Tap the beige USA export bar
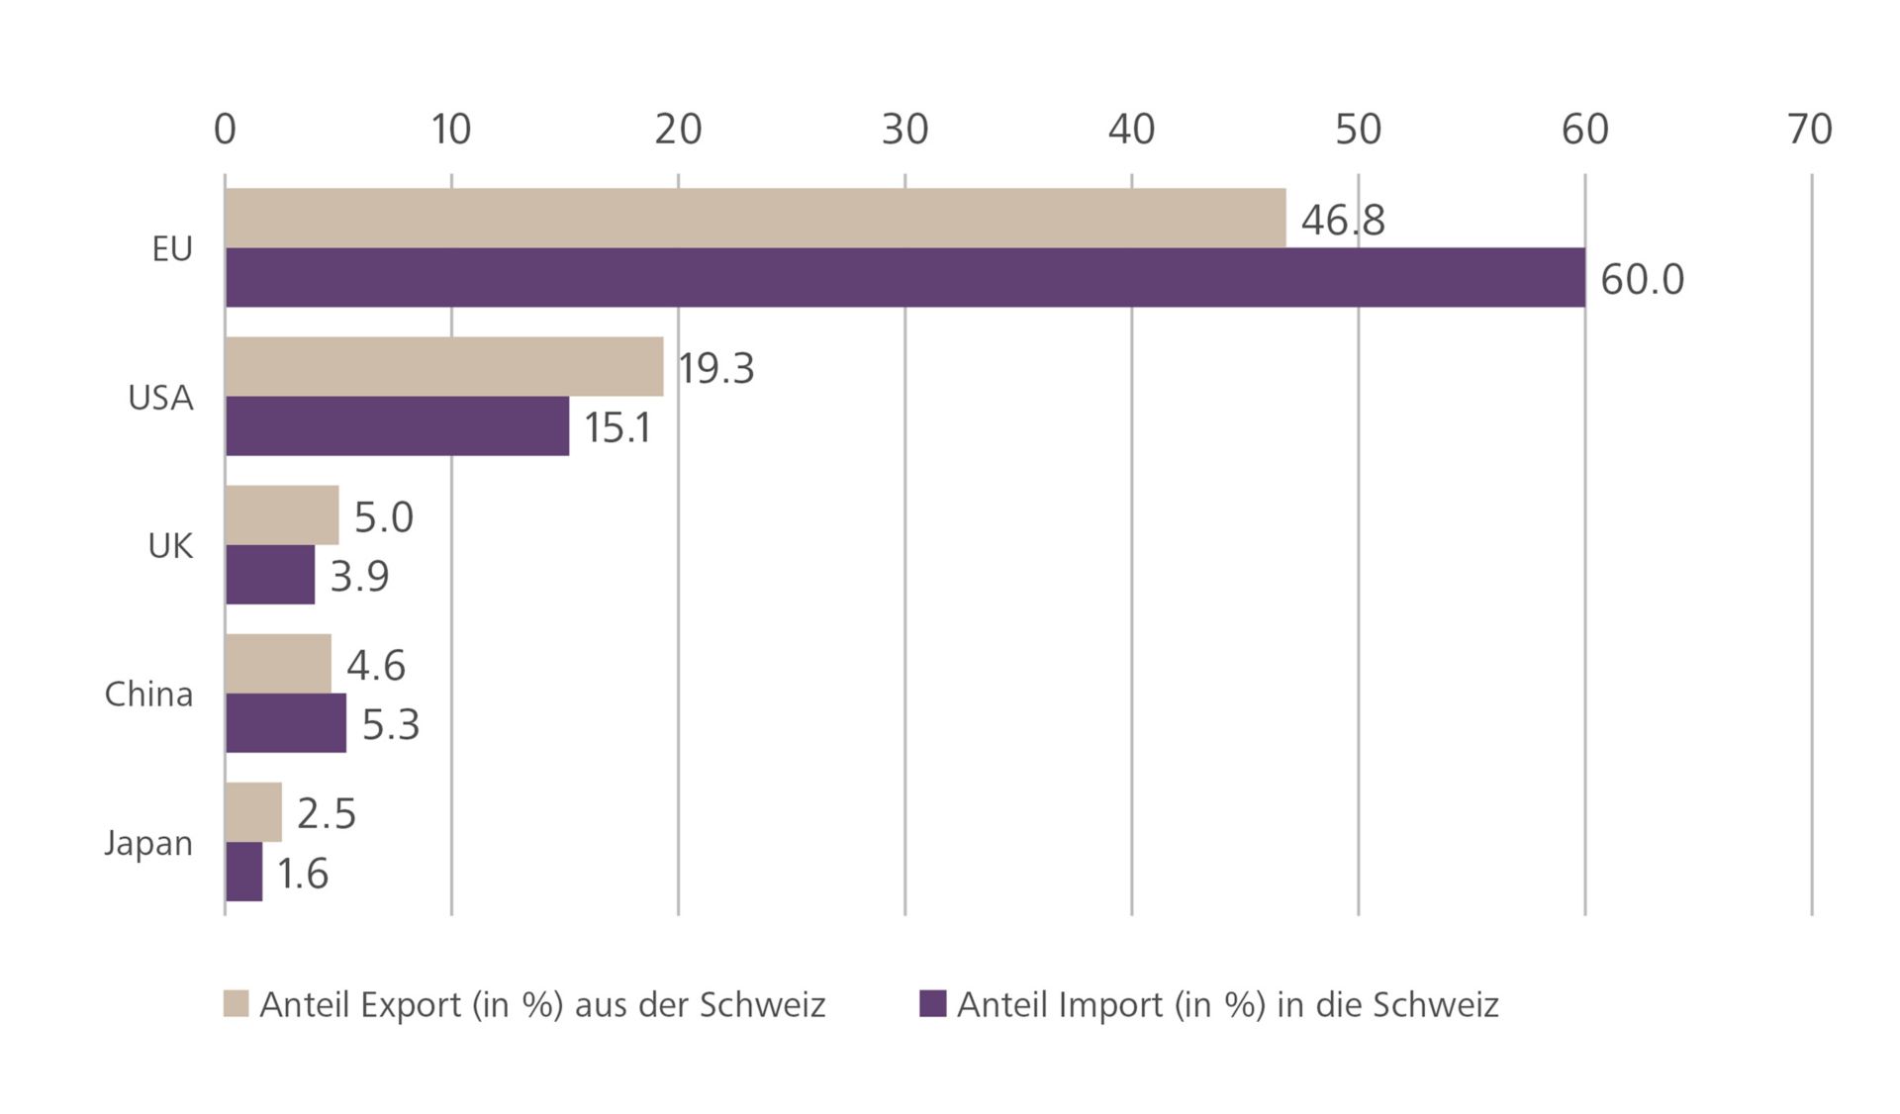coord(444,366)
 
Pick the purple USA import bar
coord(397,426)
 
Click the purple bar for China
coord(286,723)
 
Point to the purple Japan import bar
coord(244,872)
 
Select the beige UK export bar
coord(282,514)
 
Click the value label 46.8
coord(1342,220)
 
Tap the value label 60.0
coord(1641,280)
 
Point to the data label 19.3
coord(715,368)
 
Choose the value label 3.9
coord(359,576)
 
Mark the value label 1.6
coord(302,874)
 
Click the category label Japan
coord(148,844)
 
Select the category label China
coord(148,695)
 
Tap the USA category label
coord(160,398)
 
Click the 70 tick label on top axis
coord(1810,130)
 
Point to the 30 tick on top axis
coord(904,130)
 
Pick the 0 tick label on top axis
coord(225,130)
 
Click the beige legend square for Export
coord(236,1003)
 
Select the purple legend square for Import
coord(932,1003)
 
